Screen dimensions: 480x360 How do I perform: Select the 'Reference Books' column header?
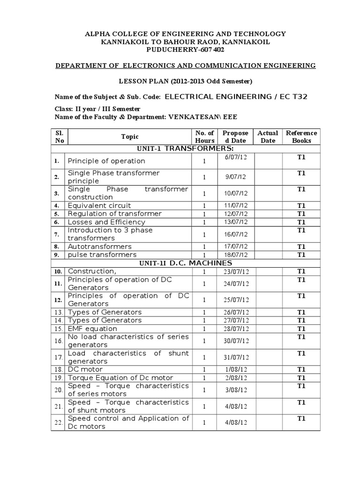[x=301, y=136]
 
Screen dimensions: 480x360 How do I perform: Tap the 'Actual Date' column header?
[x=268, y=136]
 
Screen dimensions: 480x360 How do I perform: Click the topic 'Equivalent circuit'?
[x=99, y=205]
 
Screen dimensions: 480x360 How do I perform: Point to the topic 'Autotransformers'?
[x=99, y=247]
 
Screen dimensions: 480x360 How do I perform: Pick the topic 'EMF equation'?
[x=92, y=329]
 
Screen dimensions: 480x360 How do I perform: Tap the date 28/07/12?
[x=237, y=329]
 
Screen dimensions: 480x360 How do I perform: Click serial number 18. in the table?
[x=58, y=370]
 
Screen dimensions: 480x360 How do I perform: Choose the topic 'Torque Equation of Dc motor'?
[x=120, y=378]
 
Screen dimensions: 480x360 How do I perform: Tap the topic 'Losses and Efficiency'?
[x=106, y=222]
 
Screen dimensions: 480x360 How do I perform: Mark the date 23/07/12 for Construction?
[x=237, y=272]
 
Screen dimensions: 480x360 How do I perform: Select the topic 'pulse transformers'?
[x=102, y=255]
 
